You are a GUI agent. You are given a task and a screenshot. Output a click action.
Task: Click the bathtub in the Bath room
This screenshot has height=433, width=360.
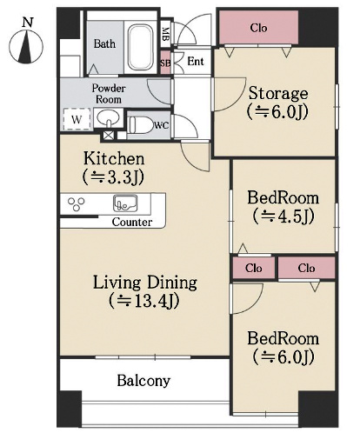pos(140,47)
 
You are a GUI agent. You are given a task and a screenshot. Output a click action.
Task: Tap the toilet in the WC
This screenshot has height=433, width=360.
pos(140,125)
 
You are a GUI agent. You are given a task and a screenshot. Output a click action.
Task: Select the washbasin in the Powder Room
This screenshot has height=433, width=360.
pos(108,118)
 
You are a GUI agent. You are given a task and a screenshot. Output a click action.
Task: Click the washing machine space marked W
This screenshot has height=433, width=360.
pos(77,119)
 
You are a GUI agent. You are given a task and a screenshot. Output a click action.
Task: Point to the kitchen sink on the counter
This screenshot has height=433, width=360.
pos(125,203)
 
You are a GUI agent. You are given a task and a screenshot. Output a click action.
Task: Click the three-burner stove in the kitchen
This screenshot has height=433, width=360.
pos(77,203)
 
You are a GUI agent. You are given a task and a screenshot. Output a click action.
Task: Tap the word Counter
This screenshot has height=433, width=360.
pos(132,222)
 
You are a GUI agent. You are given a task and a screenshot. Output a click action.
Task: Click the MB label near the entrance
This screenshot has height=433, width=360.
pos(165,34)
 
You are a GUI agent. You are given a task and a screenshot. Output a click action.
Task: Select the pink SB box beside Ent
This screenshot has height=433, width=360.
pos(165,63)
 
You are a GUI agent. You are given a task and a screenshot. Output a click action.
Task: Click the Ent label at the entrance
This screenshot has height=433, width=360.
pos(196,61)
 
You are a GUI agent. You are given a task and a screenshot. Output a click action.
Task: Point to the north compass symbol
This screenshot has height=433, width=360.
pos(26,46)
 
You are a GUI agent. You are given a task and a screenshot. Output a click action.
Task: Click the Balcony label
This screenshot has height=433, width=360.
pos(143,381)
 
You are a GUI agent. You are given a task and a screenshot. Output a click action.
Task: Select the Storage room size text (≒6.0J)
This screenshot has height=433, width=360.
pos(277,111)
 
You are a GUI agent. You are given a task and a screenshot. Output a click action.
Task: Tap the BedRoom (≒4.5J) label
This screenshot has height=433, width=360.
pos(283,207)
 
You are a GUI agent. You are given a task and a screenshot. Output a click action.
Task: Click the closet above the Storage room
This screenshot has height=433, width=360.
pos(258,28)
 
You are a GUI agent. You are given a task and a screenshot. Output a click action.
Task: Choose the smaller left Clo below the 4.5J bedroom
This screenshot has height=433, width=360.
pos(254,268)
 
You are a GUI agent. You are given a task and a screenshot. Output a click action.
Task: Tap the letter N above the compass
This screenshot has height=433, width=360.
pos(28,22)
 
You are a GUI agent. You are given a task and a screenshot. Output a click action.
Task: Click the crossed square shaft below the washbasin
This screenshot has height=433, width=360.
pos(109,136)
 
